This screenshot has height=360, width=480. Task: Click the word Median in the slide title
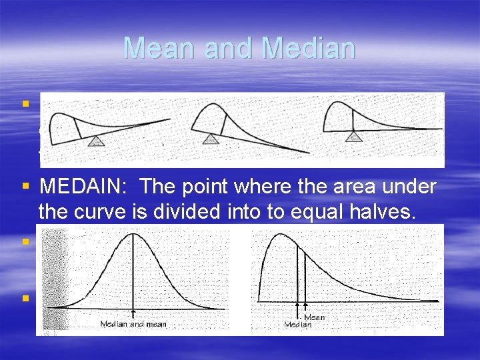[x=309, y=49]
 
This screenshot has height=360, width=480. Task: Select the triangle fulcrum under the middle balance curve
[x=211, y=139]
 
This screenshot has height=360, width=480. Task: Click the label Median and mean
[x=133, y=325]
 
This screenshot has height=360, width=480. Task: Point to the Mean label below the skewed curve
[x=314, y=318]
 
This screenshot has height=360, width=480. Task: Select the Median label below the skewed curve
[x=297, y=325]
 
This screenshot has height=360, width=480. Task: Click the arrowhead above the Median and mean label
[x=134, y=312]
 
